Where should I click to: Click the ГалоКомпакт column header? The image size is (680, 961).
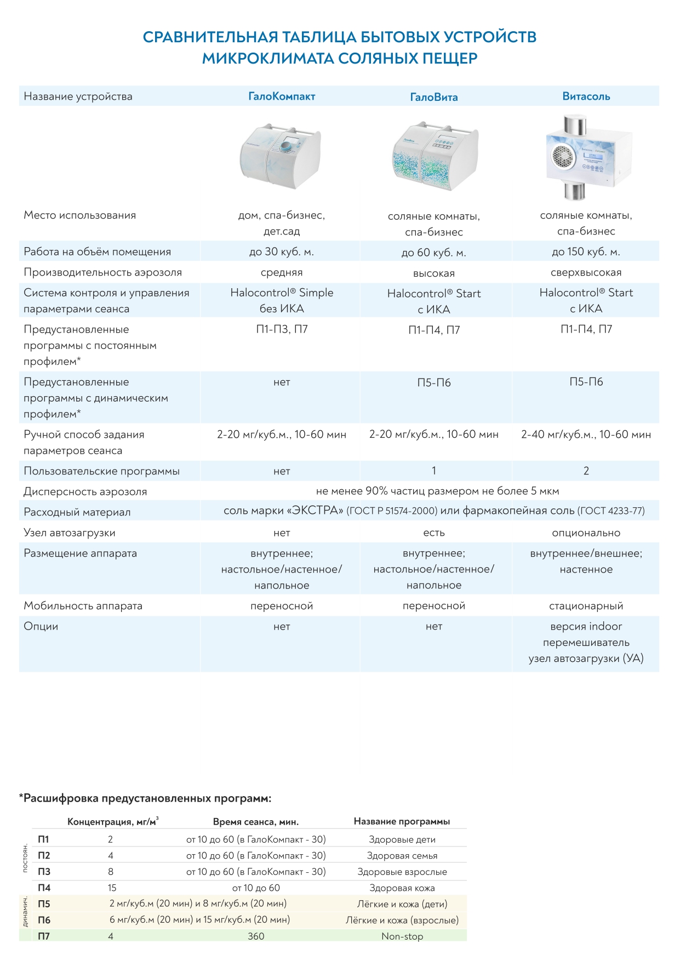coord(282,96)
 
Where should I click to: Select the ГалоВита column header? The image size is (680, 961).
coord(433,97)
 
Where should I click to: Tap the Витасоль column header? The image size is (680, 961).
coord(586,96)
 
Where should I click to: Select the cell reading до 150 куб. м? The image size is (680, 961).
coord(586,252)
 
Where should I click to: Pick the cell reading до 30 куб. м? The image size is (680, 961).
coord(282,252)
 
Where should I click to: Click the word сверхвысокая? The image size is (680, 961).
coord(586,272)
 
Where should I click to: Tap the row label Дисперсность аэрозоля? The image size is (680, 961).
coord(85,491)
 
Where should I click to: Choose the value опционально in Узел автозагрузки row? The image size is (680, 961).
coord(586,533)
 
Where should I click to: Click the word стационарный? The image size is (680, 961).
coord(586,606)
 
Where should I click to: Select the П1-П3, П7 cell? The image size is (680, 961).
coord(282,329)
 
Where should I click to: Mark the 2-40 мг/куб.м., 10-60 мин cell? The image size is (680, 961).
coord(586,434)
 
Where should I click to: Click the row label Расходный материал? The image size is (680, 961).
coord(77,512)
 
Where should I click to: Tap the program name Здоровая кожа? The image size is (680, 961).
coord(402,888)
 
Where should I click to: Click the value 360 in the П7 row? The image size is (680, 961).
coord(256,936)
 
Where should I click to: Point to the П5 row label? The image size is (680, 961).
coord(44,904)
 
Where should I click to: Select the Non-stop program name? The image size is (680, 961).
coord(402,936)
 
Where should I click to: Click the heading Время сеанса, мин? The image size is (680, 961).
coord(256,822)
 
